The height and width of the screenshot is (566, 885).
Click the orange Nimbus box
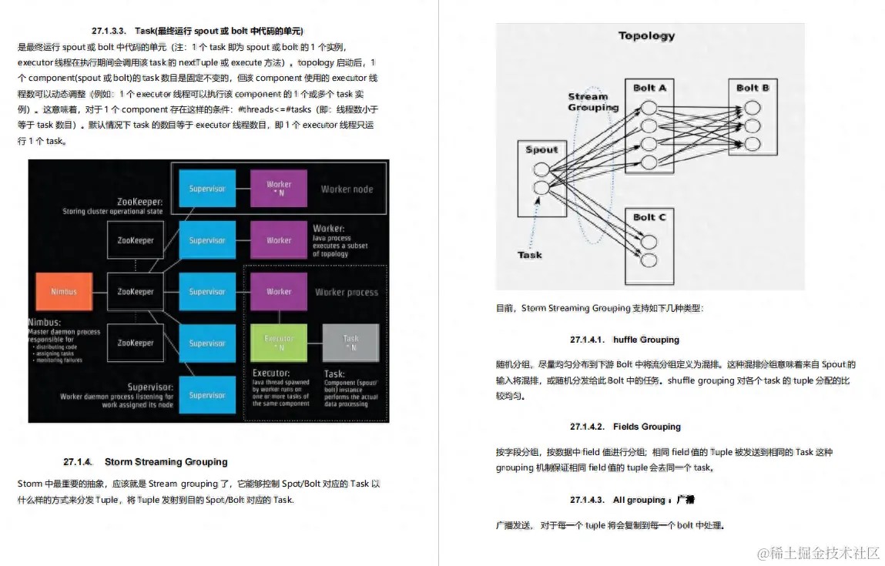pyautogui.click(x=64, y=292)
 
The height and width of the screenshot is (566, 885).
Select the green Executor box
pyautogui.click(x=279, y=343)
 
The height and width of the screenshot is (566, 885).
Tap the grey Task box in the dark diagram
pyautogui.click(x=350, y=343)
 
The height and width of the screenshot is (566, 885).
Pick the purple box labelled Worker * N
pyautogui.click(x=279, y=189)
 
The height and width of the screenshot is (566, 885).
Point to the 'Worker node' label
pyautogui.click(x=347, y=189)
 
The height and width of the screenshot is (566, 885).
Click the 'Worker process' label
pyautogui.click(x=347, y=292)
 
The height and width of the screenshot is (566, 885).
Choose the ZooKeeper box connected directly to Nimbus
pyautogui.click(x=136, y=292)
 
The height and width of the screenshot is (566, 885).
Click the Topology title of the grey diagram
pyautogui.click(x=646, y=35)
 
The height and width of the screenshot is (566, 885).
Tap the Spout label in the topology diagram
pyautogui.click(x=541, y=149)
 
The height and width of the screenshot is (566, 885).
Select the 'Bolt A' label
pyautogui.click(x=649, y=88)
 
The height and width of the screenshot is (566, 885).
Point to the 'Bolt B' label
pyautogui.click(x=753, y=88)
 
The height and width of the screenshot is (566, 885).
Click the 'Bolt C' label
pyautogui.click(x=649, y=217)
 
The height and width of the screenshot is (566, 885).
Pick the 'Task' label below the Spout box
pyautogui.click(x=529, y=255)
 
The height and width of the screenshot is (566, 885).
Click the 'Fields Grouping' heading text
pyautogui.click(x=647, y=427)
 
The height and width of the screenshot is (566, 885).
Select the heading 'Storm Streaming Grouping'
pyautogui.click(x=166, y=462)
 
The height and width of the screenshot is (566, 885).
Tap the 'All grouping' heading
pyautogui.click(x=639, y=501)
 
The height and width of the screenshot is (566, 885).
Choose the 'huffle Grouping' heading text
pyautogui.click(x=646, y=340)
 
